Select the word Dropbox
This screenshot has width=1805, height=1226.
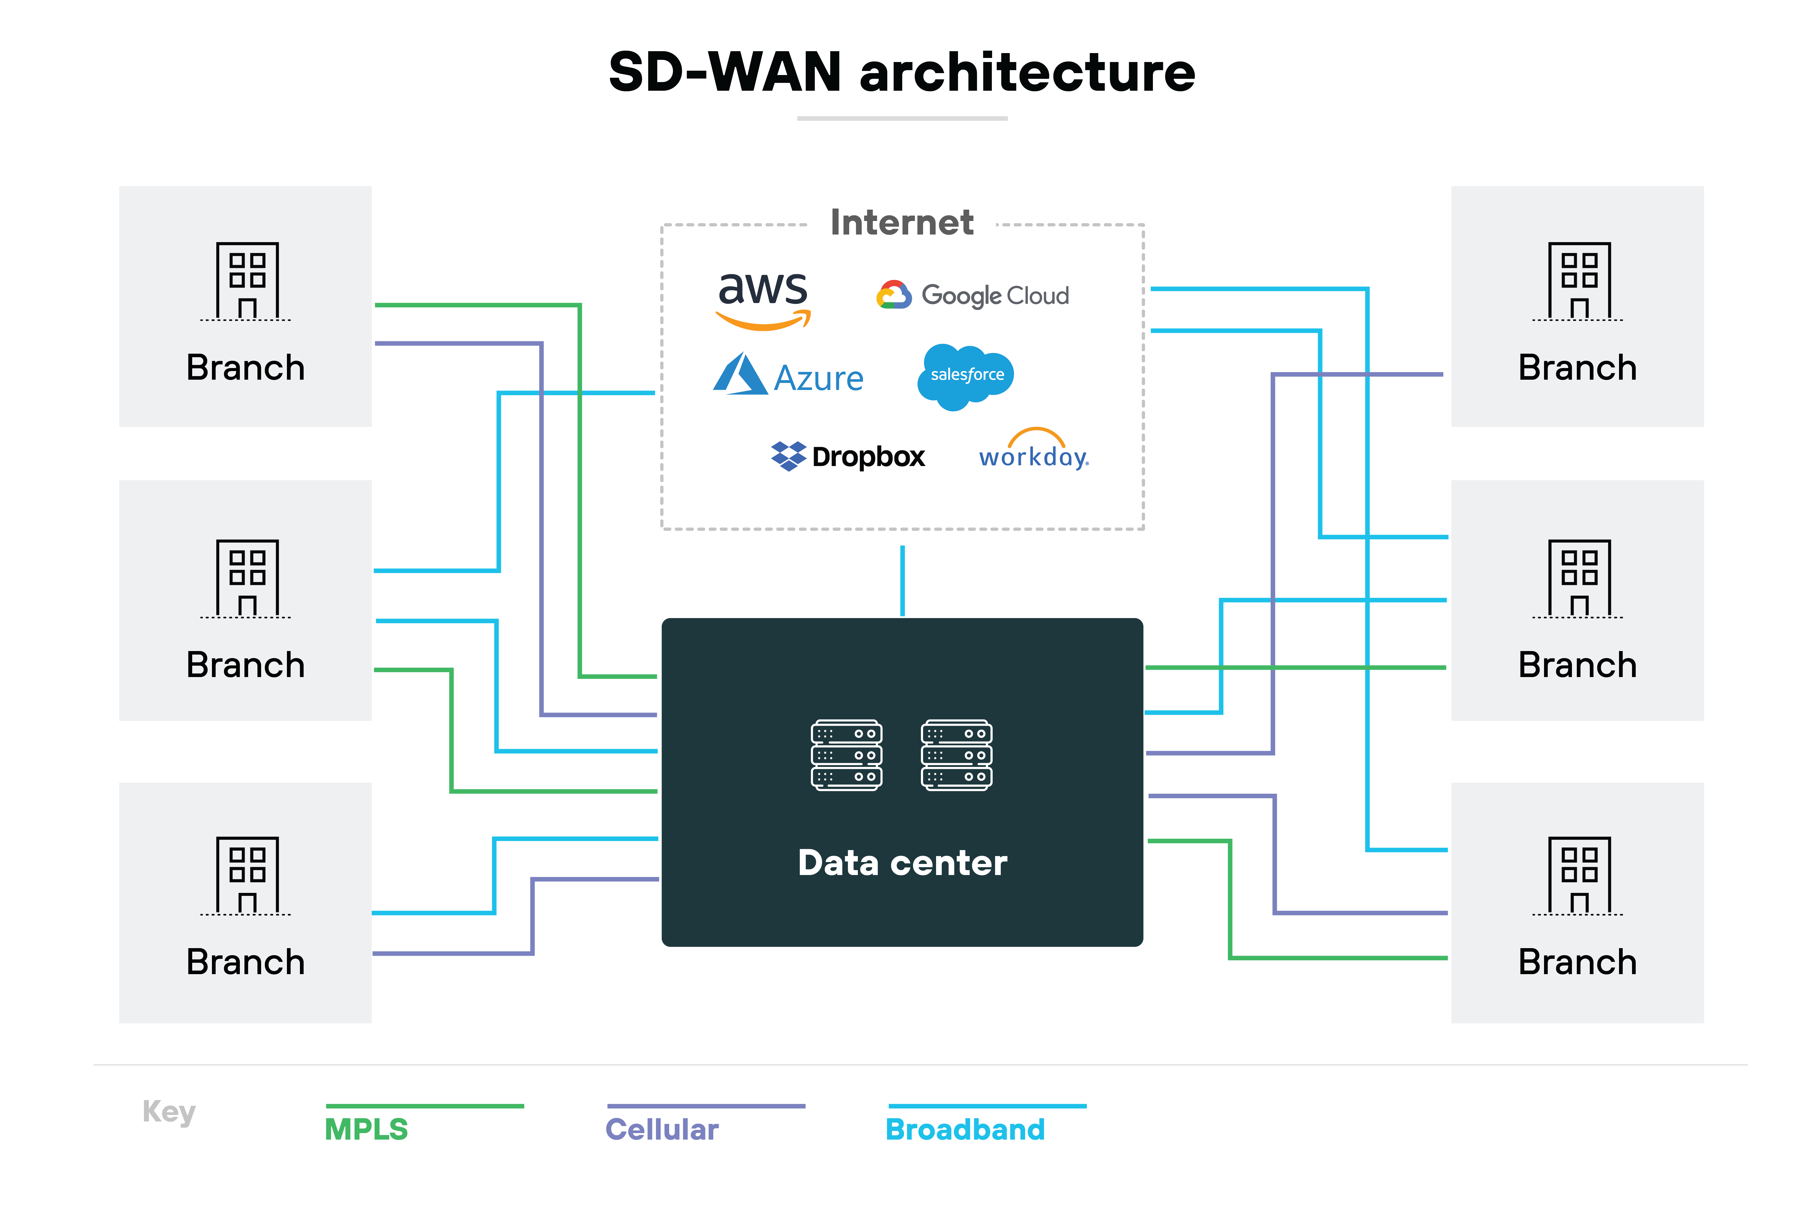pyautogui.click(x=868, y=457)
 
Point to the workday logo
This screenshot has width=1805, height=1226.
pyautogui.click(x=1034, y=451)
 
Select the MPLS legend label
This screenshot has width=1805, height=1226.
pyautogui.click(x=366, y=1129)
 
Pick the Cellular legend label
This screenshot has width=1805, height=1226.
pyautogui.click(x=662, y=1129)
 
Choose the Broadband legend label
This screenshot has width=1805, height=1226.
pyautogui.click(x=965, y=1129)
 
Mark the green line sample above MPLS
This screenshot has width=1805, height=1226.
pyautogui.click(x=425, y=1105)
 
